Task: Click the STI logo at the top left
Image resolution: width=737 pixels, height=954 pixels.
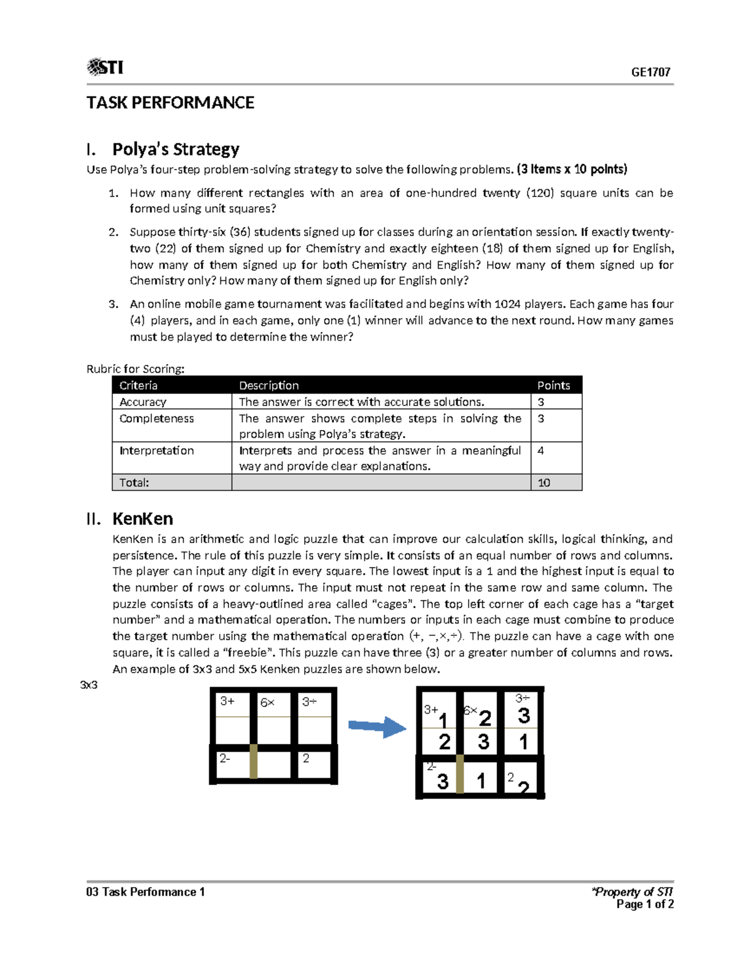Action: [x=105, y=67]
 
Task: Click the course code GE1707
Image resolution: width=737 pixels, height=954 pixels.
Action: [x=650, y=72]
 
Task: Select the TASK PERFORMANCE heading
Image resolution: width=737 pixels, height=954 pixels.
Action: [x=170, y=103]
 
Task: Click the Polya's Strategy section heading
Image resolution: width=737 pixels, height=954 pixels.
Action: [x=175, y=149]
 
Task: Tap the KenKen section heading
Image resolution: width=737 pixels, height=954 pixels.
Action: [x=142, y=518]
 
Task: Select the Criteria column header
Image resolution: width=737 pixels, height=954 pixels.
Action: [x=138, y=385]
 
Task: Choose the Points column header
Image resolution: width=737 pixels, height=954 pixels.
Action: [x=553, y=385]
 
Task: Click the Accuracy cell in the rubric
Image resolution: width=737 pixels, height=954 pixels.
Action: [x=142, y=402]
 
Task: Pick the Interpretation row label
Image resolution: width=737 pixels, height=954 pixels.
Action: [x=156, y=450]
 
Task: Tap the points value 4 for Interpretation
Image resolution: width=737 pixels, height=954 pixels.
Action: [x=540, y=450]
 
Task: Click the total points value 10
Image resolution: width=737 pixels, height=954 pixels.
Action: [x=544, y=483]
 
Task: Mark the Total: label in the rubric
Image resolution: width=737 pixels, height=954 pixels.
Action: [x=134, y=483]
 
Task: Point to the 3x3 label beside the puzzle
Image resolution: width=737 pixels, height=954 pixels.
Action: [x=89, y=685]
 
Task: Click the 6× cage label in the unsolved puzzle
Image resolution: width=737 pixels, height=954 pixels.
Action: [x=267, y=702]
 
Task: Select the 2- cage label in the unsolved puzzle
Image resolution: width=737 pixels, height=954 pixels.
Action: [x=225, y=759]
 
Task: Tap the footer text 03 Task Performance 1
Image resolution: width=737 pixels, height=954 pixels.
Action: [x=146, y=892]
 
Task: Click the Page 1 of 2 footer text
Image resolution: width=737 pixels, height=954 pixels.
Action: [x=645, y=904]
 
